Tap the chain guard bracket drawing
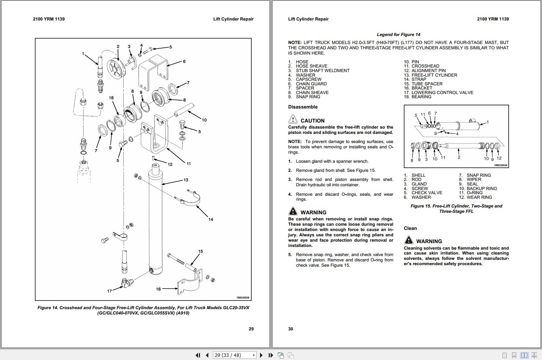[x=153, y=72]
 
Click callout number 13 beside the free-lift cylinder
[x=186, y=180]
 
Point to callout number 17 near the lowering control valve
[x=109, y=291]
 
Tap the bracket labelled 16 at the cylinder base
[x=190, y=282]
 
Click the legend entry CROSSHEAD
[x=425, y=66]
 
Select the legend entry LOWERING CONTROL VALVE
[x=442, y=92]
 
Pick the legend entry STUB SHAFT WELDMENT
[x=323, y=71]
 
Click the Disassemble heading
[x=303, y=107]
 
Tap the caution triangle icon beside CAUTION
[x=293, y=119]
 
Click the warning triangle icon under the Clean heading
[x=409, y=240]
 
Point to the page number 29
[x=251, y=329]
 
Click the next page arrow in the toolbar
[x=261, y=355]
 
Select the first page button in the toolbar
[x=198, y=355]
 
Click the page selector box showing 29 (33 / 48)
[x=235, y=355]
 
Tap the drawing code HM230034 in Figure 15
[x=500, y=165]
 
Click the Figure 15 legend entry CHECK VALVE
[x=427, y=193]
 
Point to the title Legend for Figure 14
[x=398, y=35]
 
